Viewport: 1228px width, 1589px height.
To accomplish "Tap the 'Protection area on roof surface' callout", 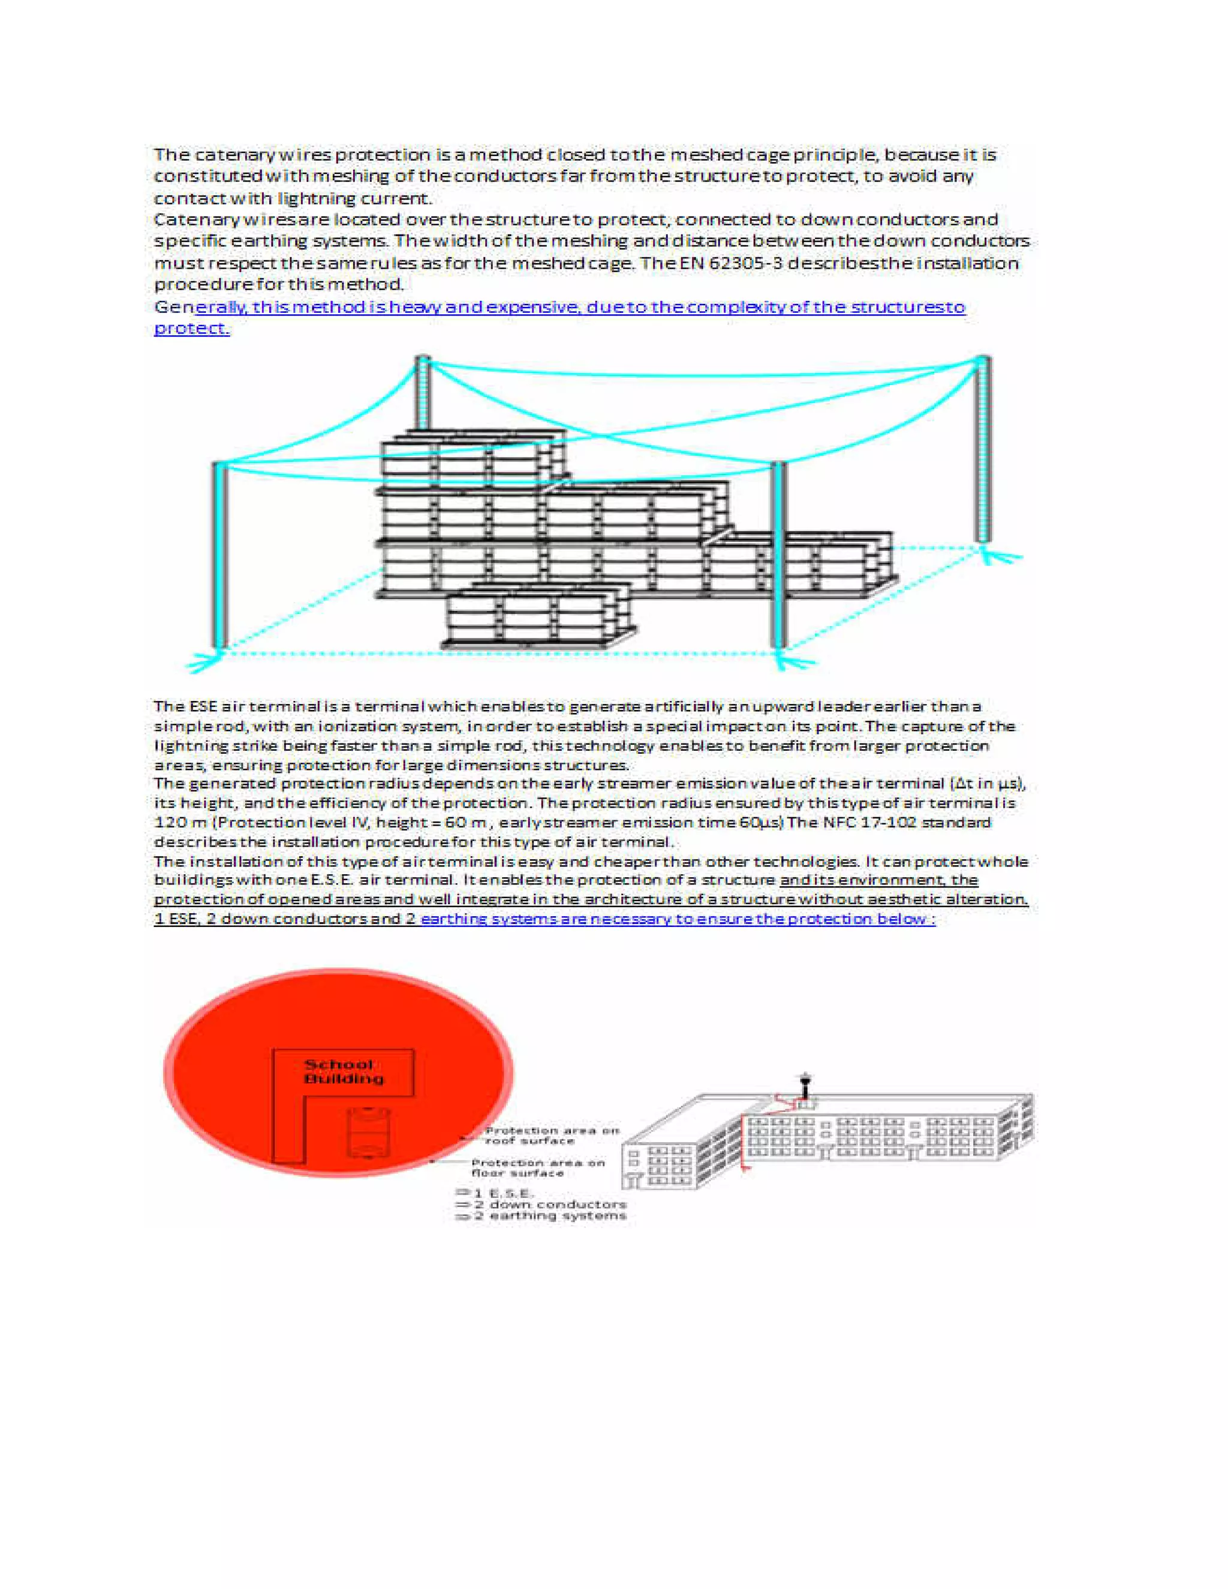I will tap(552, 1135).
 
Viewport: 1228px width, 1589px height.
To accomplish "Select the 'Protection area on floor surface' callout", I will tap(538, 1167).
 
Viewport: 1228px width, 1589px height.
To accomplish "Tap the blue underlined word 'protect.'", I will tap(192, 328).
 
